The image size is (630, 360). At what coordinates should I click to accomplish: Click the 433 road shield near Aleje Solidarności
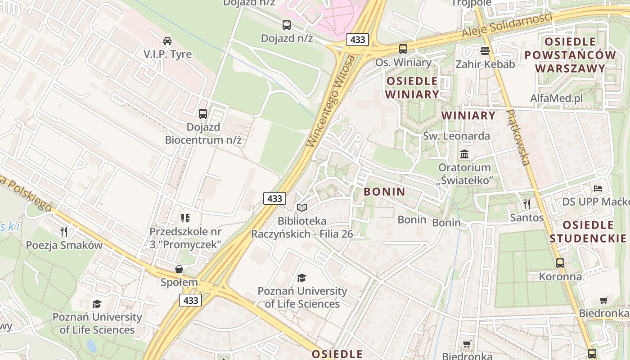[x=358, y=40]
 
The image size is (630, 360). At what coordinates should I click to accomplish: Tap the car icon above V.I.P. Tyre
[x=167, y=41]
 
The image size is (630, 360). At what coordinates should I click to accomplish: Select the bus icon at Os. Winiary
[x=403, y=49]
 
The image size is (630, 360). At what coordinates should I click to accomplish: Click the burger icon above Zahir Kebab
[x=485, y=50]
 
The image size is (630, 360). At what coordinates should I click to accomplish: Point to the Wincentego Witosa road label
[x=331, y=101]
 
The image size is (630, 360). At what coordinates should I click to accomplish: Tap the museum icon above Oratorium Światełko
[x=464, y=154]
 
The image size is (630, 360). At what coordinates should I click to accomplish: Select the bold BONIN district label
[x=384, y=192]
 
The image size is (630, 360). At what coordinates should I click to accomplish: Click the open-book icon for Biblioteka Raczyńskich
[x=302, y=208]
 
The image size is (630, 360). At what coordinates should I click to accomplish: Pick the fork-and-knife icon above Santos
[x=526, y=204]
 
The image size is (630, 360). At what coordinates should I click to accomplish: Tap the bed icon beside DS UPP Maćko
[x=598, y=188]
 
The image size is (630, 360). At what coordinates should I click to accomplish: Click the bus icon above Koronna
[x=560, y=263]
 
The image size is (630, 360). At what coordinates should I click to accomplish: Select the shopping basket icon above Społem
[x=179, y=269]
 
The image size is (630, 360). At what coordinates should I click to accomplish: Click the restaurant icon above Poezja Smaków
[x=64, y=232]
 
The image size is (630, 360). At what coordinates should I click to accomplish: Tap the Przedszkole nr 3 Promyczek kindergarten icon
[x=185, y=218]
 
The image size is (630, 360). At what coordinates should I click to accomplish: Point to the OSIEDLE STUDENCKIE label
[x=588, y=231]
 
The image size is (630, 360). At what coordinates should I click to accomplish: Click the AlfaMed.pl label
[x=556, y=98]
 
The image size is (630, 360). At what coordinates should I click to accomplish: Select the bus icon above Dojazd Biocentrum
[x=203, y=113]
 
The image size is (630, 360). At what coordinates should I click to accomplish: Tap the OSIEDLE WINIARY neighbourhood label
[x=411, y=87]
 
